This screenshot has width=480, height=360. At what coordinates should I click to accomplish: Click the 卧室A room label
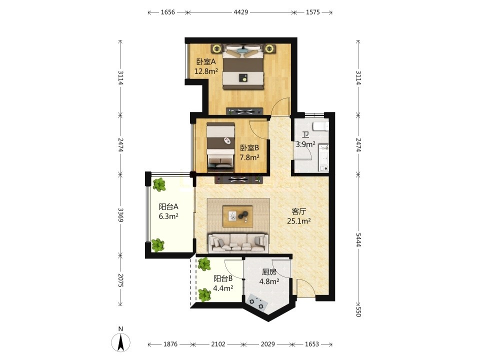click(206, 62)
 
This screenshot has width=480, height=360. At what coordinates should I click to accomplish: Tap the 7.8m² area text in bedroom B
click(249, 157)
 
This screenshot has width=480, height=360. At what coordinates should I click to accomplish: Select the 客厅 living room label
click(299, 211)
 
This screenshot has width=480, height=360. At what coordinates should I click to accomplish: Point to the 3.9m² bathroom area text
click(305, 144)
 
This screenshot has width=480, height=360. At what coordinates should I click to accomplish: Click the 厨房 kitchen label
click(269, 272)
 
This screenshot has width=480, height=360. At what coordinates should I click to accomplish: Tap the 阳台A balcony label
click(168, 206)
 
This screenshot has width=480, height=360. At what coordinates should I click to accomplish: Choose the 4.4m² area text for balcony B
click(223, 288)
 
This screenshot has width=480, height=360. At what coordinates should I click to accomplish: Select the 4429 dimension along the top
click(241, 12)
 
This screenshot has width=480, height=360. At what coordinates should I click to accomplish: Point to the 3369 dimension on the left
click(120, 215)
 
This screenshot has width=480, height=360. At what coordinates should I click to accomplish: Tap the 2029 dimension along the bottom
click(268, 344)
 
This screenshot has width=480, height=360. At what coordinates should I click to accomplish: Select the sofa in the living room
click(238, 243)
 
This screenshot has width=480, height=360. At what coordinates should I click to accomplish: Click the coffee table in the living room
click(238, 216)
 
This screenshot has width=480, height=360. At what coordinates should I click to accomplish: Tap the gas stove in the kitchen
click(256, 301)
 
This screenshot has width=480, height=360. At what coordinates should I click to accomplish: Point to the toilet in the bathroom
click(320, 126)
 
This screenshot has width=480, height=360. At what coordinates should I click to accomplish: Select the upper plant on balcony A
click(159, 184)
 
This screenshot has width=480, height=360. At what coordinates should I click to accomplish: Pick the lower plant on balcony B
click(204, 295)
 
